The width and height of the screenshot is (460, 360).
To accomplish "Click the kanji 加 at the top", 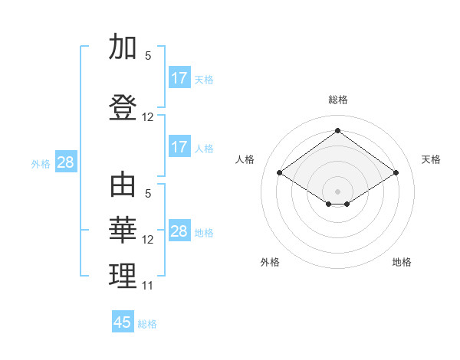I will pyautogui.click(x=123, y=48).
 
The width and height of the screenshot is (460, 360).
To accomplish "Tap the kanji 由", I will pyautogui.click(x=123, y=185).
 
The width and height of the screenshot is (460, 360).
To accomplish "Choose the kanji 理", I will pyautogui.click(x=123, y=276).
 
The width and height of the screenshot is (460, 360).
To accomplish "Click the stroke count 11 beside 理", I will pyautogui.click(x=148, y=286).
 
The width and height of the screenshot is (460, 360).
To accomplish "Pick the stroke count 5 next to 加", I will pyautogui.click(x=148, y=56).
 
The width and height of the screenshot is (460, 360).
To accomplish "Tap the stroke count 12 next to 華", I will pyautogui.click(x=148, y=240).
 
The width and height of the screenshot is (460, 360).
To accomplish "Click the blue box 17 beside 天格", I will pyautogui.click(x=179, y=78).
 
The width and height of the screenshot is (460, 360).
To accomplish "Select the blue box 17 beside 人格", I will pyautogui.click(x=179, y=147).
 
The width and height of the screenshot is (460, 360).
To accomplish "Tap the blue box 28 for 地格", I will pyautogui.click(x=179, y=231).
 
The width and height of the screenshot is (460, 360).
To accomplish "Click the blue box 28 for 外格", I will pyautogui.click(x=65, y=162).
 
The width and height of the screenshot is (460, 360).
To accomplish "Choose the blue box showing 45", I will pyautogui.click(x=123, y=322).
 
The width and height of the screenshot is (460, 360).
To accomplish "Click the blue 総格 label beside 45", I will pyautogui.click(x=147, y=324).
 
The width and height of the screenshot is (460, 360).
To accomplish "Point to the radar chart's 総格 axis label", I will pyautogui.click(x=337, y=100).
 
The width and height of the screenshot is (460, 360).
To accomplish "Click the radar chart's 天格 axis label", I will pyautogui.click(x=431, y=159).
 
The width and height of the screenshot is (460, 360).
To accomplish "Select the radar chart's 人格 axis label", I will pyautogui.click(x=245, y=159).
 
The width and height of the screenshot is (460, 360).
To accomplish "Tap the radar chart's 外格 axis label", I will pyautogui.click(x=270, y=262).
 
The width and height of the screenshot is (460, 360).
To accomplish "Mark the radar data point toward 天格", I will pyautogui.click(x=396, y=173).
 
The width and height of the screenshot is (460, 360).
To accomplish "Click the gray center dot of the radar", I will pyautogui.click(x=337, y=191).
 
